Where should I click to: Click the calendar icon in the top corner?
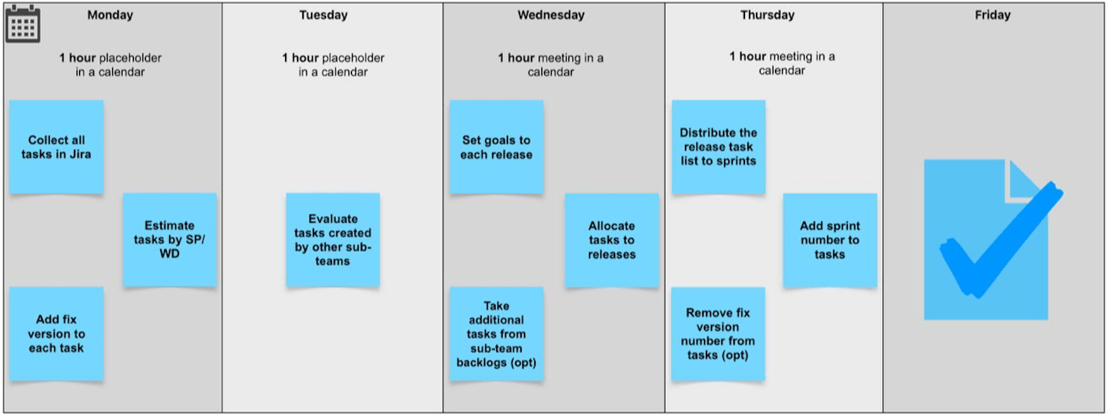point(23,24)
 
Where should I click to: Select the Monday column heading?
point(110,15)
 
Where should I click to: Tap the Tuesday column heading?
point(323,15)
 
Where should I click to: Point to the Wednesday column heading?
point(551,15)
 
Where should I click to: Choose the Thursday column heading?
point(767,15)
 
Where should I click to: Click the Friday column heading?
point(992,15)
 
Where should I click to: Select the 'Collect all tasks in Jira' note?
point(57,147)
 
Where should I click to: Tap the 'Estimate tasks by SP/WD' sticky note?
point(170,240)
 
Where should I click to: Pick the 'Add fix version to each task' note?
point(57,334)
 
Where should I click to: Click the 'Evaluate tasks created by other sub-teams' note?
point(333,240)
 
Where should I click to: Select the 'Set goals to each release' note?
point(496,147)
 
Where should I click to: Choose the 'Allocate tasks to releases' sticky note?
point(612,240)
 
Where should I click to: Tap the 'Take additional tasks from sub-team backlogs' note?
point(496,334)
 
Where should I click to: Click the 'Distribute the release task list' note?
point(718,147)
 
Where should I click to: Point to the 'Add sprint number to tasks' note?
point(830,240)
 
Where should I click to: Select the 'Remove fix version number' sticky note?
point(718,334)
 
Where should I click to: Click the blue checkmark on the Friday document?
point(1001,242)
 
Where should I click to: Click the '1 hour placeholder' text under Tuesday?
point(333,65)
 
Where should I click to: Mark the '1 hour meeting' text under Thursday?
point(781,63)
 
